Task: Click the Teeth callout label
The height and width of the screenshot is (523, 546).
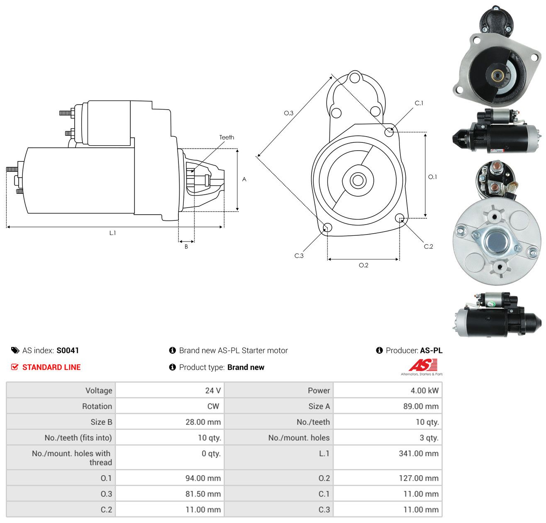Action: tap(227, 137)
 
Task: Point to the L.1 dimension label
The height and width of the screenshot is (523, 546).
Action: tap(112, 233)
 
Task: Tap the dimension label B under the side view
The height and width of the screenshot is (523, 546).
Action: tap(186, 247)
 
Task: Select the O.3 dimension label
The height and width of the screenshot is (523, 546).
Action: tap(288, 113)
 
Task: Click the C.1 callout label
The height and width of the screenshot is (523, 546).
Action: tap(419, 103)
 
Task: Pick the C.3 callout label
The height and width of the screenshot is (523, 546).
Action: tap(299, 255)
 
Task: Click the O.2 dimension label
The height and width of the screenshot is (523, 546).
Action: tap(363, 265)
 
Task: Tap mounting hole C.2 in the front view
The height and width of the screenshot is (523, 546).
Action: tap(399, 218)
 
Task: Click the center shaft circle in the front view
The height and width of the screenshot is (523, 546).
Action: tap(358, 181)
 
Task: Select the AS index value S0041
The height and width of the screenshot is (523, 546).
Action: tap(68, 350)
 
